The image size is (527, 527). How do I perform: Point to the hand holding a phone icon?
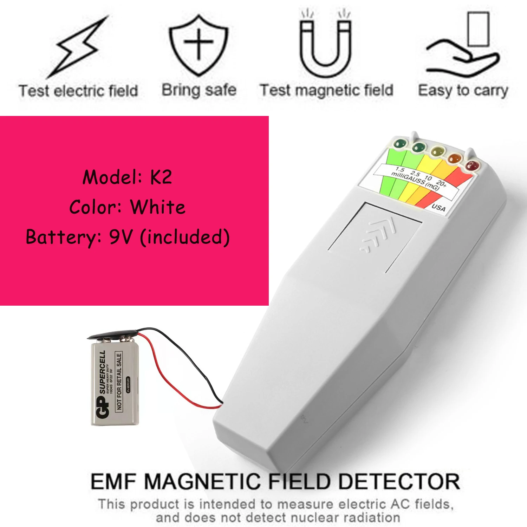tap(464, 47)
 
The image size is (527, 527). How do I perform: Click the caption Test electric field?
tap(78, 91)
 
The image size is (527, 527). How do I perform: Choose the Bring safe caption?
tap(199, 90)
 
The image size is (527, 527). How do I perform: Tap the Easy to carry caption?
tap(463, 91)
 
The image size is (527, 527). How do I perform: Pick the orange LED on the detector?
tap(455, 158)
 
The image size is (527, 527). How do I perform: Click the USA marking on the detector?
tap(438, 207)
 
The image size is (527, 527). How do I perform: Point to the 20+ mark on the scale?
tap(441, 183)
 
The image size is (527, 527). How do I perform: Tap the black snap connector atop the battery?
tap(112, 334)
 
